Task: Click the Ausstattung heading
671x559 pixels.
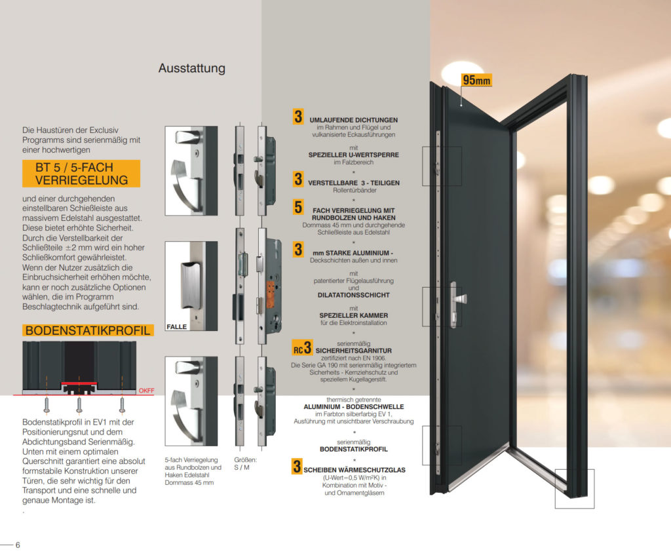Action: point(191,68)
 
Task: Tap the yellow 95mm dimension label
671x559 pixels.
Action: point(476,81)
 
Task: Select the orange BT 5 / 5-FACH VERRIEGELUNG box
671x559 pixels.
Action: point(81,174)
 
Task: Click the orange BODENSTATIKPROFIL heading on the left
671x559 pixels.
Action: point(88,330)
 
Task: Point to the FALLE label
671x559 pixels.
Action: point(177,326)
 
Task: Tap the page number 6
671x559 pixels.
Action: point(18,545)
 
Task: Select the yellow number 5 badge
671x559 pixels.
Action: point(298,208)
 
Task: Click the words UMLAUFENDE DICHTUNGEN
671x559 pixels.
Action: point(353,120)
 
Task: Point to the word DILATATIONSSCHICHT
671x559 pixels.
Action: point(353,296)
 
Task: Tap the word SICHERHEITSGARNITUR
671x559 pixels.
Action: point(353,351)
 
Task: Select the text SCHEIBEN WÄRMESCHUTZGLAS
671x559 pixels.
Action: point(358,470)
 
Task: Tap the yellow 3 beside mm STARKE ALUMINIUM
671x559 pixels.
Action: point(298,249)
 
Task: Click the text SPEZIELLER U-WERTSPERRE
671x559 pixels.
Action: point(353,155)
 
